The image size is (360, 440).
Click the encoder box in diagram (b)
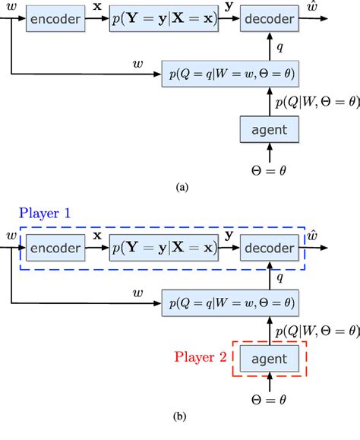(54, 248)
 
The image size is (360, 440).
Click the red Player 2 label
(199, 356)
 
